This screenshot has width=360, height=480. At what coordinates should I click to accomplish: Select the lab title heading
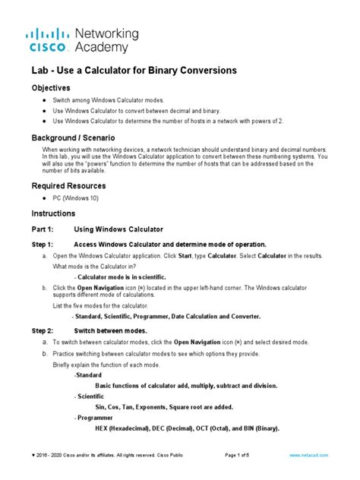(134, 70)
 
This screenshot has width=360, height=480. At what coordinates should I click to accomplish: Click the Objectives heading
(54, 88)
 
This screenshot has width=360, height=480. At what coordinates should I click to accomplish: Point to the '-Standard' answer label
(88, 375)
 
